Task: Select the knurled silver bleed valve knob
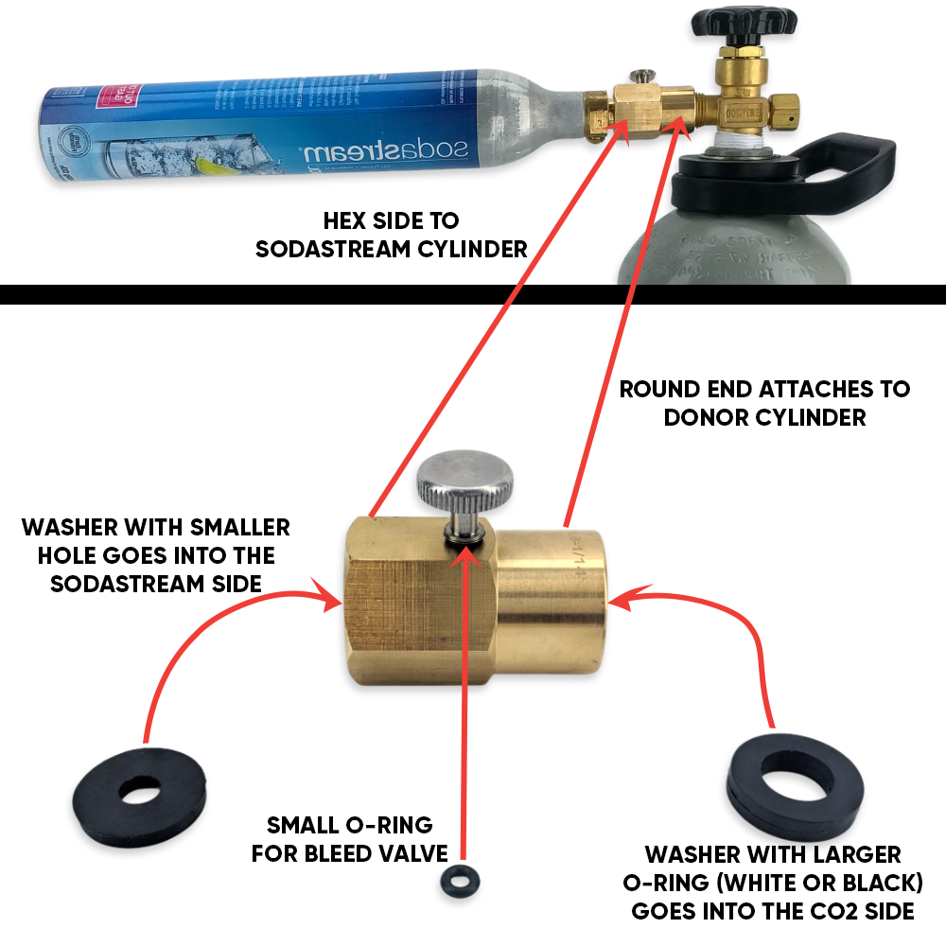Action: [x=451, y=470]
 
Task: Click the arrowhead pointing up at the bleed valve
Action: [x=461, y=551]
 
